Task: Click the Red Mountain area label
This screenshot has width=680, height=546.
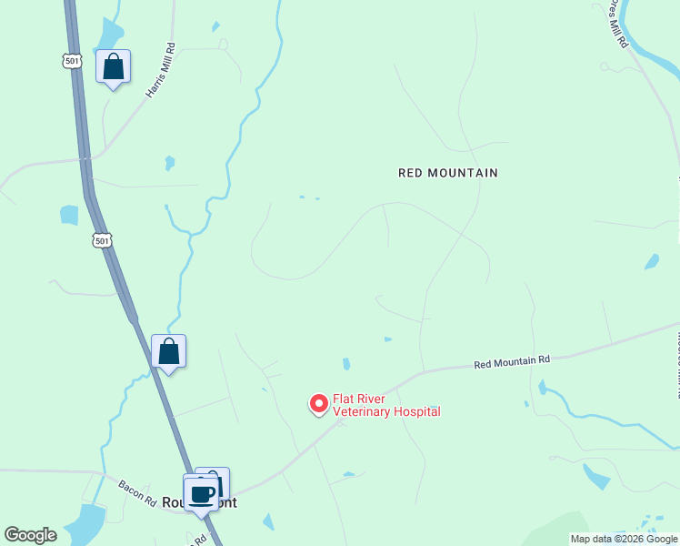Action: (x=448, y=172)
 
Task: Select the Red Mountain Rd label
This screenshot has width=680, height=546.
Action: (x=512, y=361)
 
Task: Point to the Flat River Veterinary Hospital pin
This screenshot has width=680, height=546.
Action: (x=318, y=402)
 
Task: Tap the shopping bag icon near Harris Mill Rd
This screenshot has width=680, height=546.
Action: (x=113, y=66)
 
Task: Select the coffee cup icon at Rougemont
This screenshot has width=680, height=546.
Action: (x=202, y=494)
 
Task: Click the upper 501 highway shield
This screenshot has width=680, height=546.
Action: (x=73, y=60)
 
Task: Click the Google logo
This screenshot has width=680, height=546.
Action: (x=30, y=535)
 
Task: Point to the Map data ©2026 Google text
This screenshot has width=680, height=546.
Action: (x=624, y=539)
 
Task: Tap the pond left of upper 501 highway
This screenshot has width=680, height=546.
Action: (x=69, y=215)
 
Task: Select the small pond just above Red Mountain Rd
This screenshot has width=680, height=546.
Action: (x=346, y=364)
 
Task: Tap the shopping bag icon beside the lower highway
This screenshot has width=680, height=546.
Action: (x=169, y=351)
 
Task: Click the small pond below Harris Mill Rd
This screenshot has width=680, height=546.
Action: (x=169, y=163)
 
